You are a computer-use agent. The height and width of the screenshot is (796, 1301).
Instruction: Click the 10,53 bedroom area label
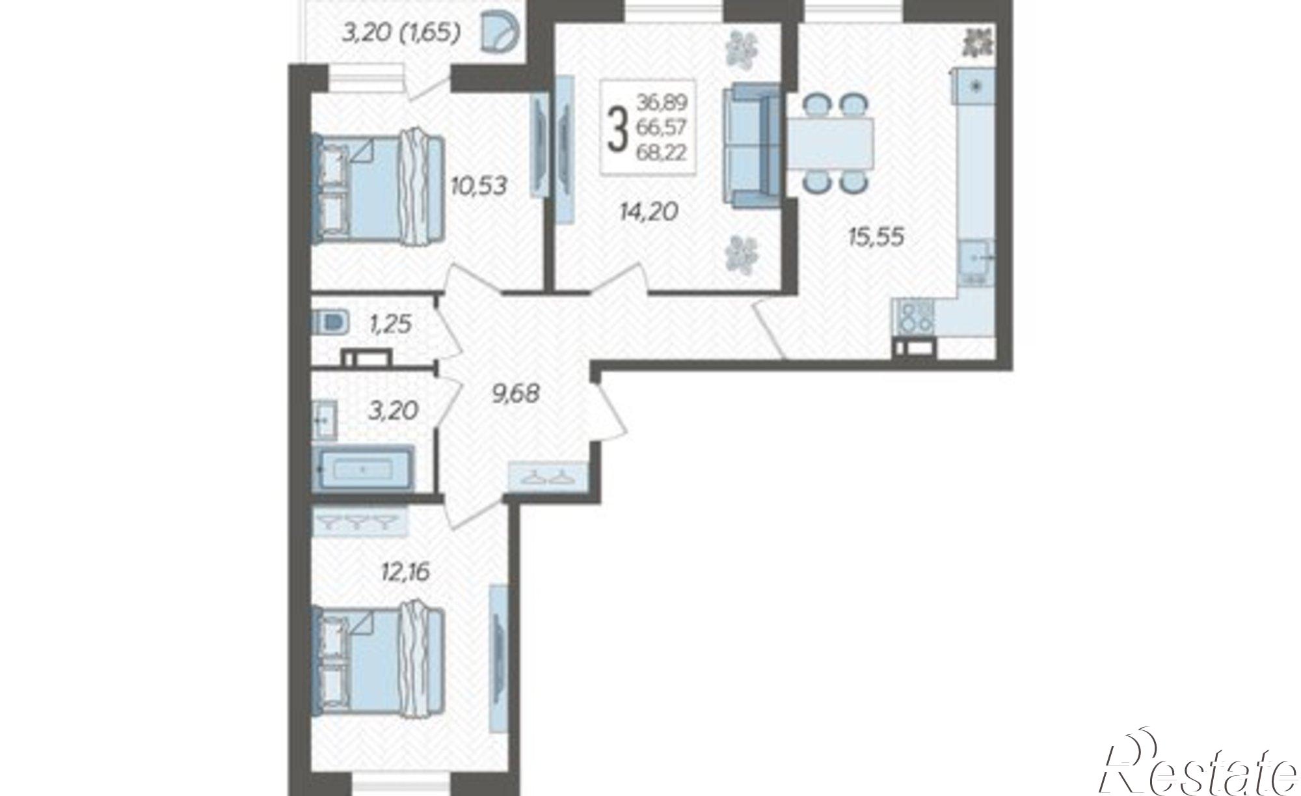click(x=479, y=185)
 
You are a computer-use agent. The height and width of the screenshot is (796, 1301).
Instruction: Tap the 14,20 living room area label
click(x=649, y=211)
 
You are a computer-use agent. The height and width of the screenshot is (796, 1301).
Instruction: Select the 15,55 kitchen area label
click(x=876, y=237)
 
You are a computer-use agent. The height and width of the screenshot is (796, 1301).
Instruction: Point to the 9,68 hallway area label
click(x=516, y=393)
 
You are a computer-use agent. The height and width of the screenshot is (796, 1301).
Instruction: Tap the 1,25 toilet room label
click(x=390, y=323)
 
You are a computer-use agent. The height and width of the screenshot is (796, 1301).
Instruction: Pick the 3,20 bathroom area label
click(x=393, y=411)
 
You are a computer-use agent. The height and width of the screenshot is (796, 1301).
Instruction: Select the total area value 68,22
click(x=662, y=156)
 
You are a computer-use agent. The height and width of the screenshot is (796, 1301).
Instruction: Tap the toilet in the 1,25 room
click(x=331, y=322)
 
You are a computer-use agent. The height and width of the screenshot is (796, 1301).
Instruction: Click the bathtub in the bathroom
click(x=363, y=467)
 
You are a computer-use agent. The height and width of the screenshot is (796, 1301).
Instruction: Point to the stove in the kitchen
click(x=915, y=318)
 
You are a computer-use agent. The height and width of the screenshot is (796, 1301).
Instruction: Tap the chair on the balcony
click(x=501, y=33)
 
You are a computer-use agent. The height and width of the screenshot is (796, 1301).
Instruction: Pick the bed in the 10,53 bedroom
click(x=378, y=190)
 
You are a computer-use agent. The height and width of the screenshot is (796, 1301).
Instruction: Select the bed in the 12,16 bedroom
click(x=378, y=661)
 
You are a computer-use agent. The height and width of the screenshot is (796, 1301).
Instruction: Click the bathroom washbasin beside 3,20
click(x=325, y=420)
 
